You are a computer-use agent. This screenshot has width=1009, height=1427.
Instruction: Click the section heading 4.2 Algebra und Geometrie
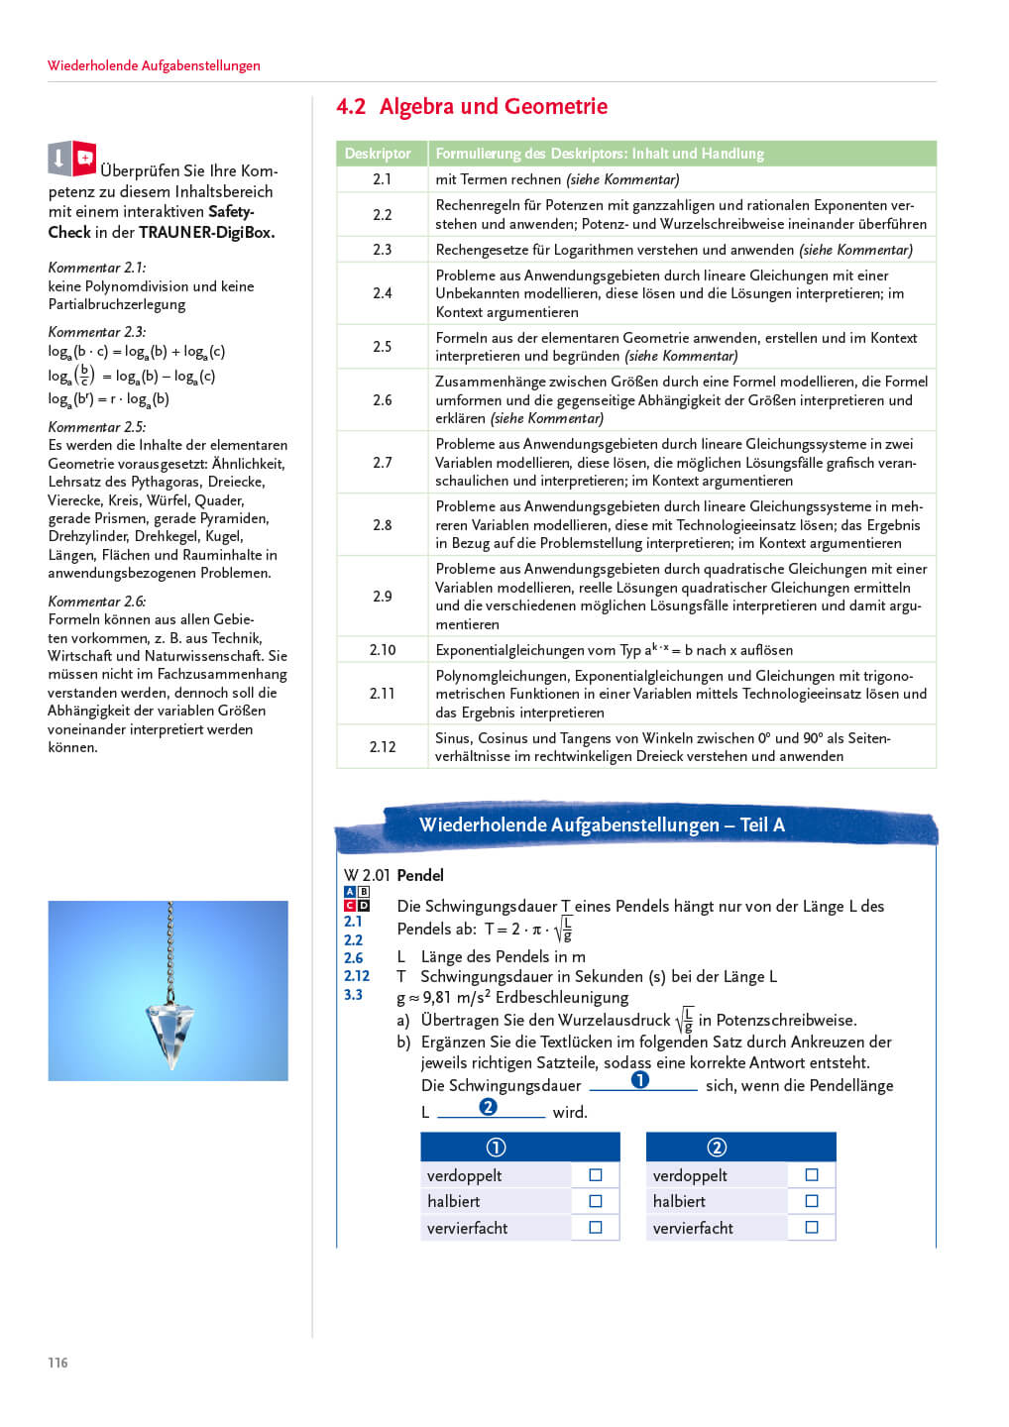point(472,107)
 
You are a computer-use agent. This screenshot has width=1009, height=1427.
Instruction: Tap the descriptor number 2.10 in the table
point(383,650)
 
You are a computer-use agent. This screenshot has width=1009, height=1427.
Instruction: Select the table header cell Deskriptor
point(378,154)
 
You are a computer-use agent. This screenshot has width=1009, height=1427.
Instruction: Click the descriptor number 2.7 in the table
point(383,463)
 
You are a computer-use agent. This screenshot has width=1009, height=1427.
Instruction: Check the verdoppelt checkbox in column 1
point(596,1175)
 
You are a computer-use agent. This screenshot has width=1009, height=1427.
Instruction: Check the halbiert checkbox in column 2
point(812,1201)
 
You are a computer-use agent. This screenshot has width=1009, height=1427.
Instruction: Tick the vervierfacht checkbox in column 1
point(596,1228)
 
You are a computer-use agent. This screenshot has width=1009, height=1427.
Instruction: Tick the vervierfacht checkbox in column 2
point(812,1228)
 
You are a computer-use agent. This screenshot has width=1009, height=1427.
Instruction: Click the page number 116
point(58,1363)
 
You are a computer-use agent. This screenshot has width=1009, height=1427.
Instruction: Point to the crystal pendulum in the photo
point(169,1031)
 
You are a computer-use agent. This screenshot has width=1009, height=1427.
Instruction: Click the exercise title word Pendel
point(420,875)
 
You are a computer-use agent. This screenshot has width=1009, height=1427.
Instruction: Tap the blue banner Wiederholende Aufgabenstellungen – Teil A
point(602,825)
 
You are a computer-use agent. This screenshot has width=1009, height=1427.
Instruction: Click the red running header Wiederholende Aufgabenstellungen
point(154,65)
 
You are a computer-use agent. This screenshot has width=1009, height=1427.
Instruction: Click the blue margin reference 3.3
point(353,995)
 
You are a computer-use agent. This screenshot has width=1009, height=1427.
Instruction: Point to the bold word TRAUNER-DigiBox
point(206,233)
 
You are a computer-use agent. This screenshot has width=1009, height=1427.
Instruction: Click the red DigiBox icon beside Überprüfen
point(84,158)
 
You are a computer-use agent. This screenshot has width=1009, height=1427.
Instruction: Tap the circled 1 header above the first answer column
point(497,1147)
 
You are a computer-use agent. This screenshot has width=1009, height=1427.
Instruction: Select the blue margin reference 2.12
point(357,976)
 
